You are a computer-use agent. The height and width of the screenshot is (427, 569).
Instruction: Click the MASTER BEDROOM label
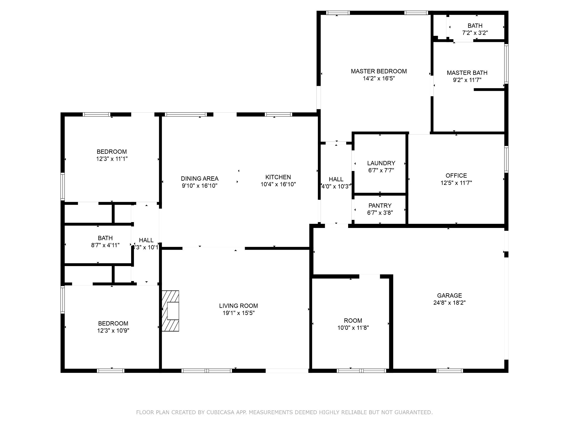click(379, 71)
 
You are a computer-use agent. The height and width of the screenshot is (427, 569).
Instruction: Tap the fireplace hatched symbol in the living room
click(170, 311)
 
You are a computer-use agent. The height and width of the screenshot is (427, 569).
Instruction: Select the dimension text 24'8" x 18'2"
click(449, 303)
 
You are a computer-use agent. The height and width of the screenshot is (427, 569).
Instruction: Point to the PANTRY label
click(380, 205)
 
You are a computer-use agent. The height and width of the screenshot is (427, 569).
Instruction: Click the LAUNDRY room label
click(381, 163)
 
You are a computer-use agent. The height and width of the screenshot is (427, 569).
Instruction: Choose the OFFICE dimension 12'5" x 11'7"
click(456, 183)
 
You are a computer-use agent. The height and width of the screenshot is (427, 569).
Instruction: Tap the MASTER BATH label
click(467, 73)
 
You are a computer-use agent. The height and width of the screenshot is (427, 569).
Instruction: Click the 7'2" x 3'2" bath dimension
click(475, 33)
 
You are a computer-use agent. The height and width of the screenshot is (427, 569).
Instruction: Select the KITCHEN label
click(278, 177)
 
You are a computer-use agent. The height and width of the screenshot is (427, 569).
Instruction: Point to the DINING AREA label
click(199, 178)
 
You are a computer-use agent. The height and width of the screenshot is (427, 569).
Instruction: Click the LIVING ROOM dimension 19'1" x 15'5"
click(238, 313)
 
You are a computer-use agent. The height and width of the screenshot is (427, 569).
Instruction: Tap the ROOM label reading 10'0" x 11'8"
click(353, 320)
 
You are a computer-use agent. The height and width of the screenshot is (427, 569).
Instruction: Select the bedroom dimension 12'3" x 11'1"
click(112, 159)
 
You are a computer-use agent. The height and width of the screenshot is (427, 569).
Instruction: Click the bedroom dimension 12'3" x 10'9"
click(113, 331)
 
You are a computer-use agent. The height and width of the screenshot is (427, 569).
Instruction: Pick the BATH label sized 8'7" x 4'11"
click(105, 238)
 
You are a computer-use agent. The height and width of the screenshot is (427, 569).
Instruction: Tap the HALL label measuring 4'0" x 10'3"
click(336, 179)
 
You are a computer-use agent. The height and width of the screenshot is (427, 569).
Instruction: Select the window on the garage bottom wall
click(450, 371)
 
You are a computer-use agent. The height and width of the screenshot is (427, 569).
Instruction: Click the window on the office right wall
click(506, 159)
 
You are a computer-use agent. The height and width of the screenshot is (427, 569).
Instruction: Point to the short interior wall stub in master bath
click(489, 90)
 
